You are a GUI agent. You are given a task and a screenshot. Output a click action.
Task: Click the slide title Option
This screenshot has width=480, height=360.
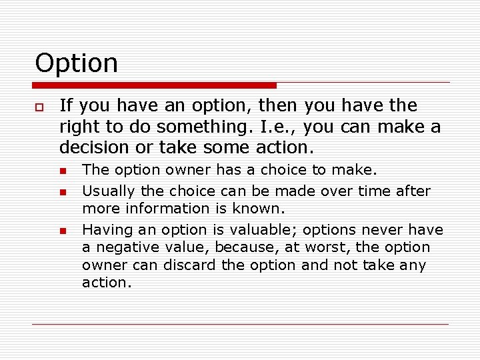pos(76,63)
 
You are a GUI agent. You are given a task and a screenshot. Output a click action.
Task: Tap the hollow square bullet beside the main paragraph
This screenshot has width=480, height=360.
pos(40,107)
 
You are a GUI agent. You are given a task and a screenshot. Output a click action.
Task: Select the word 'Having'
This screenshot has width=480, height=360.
pos(103,230)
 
